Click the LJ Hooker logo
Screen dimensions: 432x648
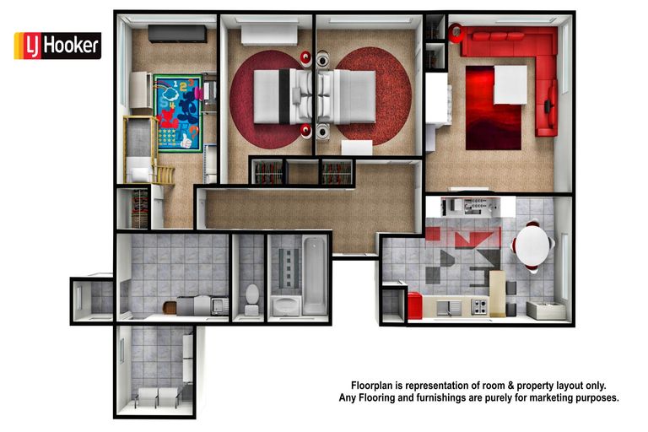57,46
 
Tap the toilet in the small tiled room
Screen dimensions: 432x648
251,296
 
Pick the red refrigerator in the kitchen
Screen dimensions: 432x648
414,305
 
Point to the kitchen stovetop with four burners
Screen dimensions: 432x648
480,307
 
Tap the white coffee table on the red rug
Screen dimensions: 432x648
510,84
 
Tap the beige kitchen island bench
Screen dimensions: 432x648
497,292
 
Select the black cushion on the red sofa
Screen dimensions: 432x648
549,105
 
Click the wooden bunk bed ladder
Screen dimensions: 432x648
164,174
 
